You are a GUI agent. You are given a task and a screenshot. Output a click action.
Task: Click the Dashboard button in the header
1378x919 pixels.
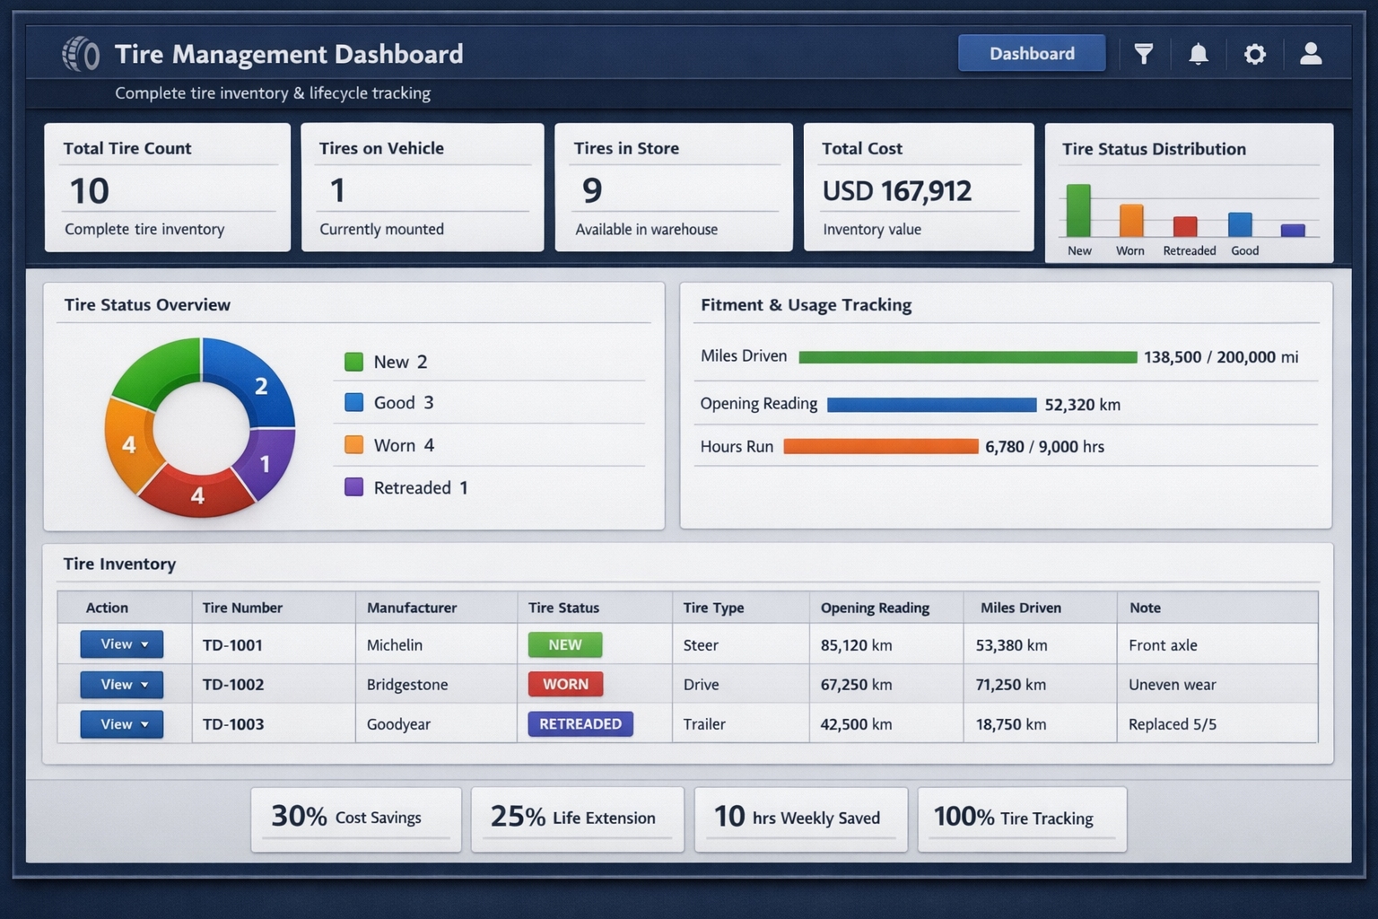(1032, 54)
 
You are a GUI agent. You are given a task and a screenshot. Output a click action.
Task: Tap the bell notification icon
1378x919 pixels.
(1199, 55)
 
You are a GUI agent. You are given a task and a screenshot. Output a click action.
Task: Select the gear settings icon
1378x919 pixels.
(1254, 55)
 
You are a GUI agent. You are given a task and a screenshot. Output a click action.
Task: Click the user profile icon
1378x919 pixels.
(1311, 54)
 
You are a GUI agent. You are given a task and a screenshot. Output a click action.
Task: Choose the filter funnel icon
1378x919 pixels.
(1144, 55)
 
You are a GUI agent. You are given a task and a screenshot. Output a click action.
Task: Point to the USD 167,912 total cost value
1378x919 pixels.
(896, 191)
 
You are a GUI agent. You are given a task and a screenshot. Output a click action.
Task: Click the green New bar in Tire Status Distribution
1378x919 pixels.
(1078, 211)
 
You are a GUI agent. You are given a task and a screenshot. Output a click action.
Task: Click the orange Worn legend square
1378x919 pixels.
(354, 445)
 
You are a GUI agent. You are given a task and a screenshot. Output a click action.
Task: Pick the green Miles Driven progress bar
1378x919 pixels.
(967, 357)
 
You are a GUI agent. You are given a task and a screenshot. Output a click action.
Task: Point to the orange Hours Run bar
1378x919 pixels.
(880, 447)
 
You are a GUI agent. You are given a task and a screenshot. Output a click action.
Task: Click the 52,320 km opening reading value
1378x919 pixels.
(1082, 405)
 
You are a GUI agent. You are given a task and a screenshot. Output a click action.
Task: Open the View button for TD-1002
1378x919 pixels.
(122, 685)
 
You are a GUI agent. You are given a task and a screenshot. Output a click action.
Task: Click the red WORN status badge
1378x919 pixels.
(565, 685)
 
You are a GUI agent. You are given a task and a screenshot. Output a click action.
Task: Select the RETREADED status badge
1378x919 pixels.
(580, 724)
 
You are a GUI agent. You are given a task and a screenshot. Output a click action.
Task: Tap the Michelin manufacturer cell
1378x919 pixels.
(395, 645)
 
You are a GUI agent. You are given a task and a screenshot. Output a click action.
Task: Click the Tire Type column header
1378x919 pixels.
(713, 608)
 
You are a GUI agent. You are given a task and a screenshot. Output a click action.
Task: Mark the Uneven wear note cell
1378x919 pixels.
(1172, 685)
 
